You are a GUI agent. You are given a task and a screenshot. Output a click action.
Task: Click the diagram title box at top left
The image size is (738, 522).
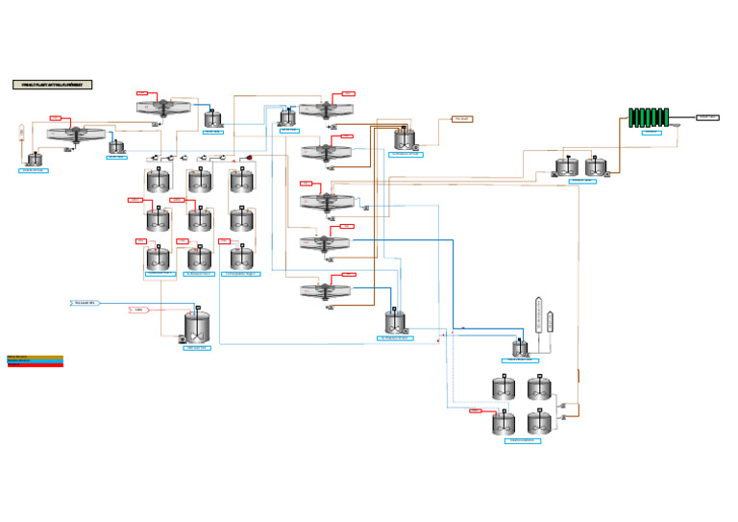(x=52, y=85)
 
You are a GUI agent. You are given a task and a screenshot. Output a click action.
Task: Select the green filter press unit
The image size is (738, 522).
(x=649, y=117)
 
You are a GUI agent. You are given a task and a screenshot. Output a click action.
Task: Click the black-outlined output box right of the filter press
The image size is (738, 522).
(x=707, y=117)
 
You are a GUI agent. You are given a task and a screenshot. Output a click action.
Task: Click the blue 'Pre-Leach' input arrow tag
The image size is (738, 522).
(x=86, y=303)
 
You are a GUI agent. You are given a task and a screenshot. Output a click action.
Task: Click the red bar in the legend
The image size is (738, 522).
(x=35, y=365)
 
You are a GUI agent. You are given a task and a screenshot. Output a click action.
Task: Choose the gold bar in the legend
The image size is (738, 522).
(x=35, y=356)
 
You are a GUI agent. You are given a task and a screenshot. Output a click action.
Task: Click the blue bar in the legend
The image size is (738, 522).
(x=35, y=360)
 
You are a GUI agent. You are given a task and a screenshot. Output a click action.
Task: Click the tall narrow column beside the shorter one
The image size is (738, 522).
(x=538, y=315)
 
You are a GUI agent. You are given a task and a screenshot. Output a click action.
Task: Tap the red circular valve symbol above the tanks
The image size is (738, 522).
(x=249, y=158)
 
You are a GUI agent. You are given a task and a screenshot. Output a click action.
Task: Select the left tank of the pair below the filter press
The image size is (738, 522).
(x=567, y=167)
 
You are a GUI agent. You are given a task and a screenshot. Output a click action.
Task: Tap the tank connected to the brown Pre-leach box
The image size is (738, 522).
(x=404, y=139)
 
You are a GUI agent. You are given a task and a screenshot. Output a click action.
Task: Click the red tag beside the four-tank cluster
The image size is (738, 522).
(x=476, y=410)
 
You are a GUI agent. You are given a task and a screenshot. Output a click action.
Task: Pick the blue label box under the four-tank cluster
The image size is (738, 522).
(x=522, y=440)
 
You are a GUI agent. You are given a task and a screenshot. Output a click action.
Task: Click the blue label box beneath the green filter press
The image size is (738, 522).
(x=652, y=133)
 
